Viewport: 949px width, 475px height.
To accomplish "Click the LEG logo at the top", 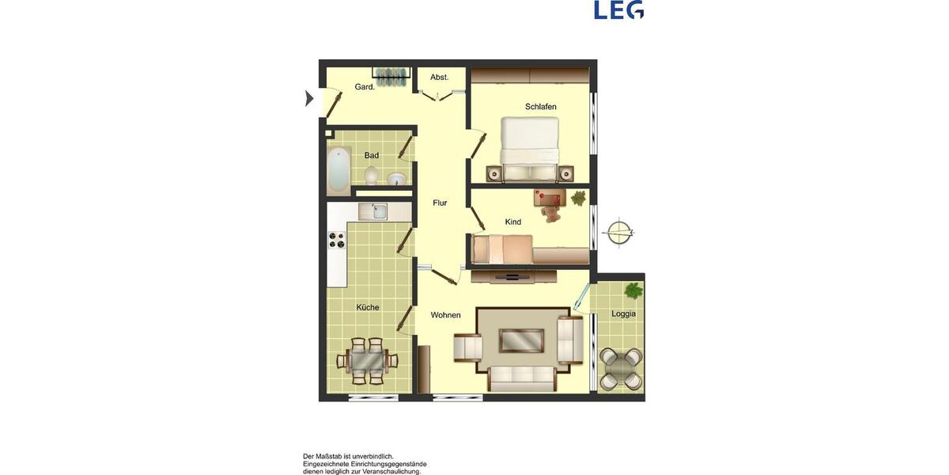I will tap(618, 9).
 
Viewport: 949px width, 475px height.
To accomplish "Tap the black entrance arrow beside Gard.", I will tap(309, 99).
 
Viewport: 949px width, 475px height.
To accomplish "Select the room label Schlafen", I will tap(541, 107).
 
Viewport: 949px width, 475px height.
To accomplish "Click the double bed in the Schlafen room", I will tap(529, 147).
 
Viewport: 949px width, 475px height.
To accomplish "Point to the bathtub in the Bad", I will tap(339, 170).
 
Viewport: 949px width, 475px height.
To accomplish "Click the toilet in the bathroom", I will tap(372, 175).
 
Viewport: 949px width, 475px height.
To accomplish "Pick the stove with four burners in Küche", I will tap(338, 240).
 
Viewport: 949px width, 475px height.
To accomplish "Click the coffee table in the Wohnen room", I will tap(521, 340).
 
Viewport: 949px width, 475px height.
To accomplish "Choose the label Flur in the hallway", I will tap(440, 203).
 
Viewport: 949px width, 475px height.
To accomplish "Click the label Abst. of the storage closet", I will tap(439, 78).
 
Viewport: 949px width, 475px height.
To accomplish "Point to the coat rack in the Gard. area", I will tap(391, 77).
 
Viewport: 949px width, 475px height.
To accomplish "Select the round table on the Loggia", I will tap(621, 368).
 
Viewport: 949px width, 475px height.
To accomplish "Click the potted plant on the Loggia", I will tap(633, 291).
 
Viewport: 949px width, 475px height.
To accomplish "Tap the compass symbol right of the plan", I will tap(618, 233).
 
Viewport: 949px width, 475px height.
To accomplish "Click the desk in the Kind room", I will tap(550, 199).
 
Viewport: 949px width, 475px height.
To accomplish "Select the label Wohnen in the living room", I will tap(445, 315).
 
